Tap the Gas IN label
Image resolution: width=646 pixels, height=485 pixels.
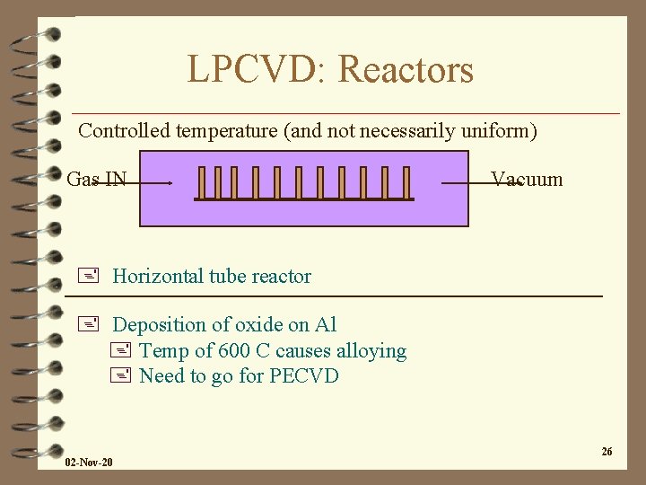coord(97,179)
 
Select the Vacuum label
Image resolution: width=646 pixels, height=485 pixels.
coord(528,179)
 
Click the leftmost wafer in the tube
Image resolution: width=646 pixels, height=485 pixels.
coord(202,182)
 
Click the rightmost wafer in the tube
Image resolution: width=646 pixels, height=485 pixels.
coord(406,182)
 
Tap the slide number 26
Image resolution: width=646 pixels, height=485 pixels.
coord(607,451)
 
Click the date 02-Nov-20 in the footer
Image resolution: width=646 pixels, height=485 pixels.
coord(89,462)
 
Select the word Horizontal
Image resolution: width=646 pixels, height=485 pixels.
coord(158,276)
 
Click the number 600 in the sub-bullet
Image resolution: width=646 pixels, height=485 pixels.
coord(254,350)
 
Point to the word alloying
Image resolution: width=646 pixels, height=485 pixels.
coord(371,351)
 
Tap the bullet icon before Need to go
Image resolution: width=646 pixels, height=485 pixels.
coord(122,375)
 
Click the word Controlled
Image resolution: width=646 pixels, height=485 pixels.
coord(125,130)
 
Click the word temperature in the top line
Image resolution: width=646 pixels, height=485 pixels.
coord(227,131)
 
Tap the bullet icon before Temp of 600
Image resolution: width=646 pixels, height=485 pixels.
coord(122,350)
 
